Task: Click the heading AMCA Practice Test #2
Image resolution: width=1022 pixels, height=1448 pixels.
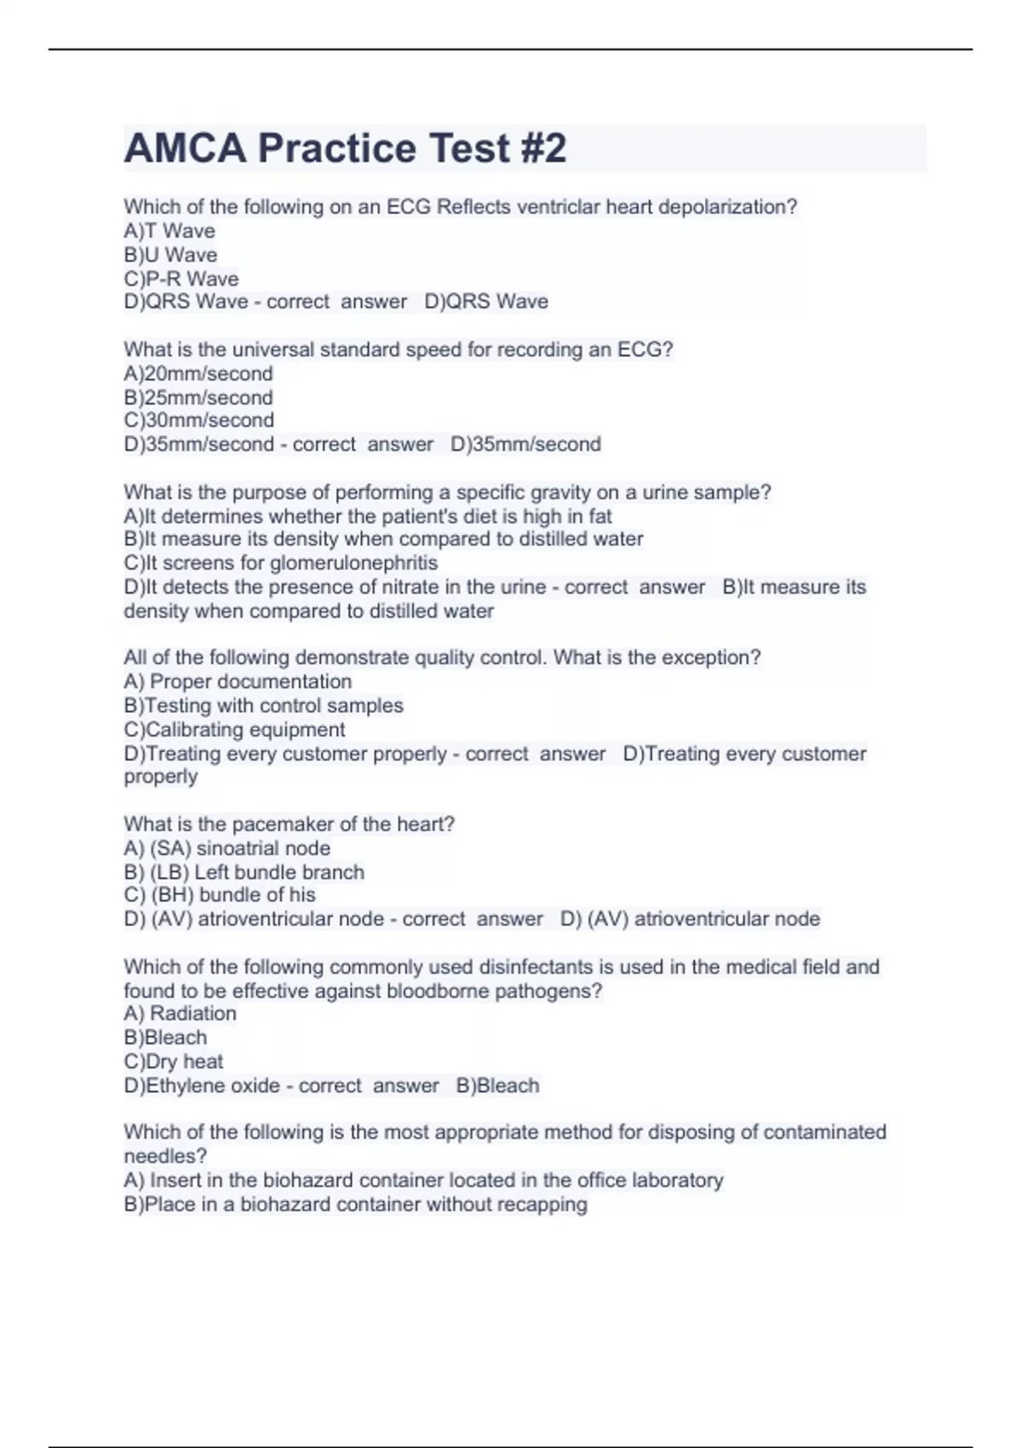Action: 345,148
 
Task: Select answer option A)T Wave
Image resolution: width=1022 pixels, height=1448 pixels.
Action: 169,231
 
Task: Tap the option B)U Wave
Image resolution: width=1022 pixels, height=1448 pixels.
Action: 170,255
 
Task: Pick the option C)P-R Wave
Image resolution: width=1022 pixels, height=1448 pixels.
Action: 181,279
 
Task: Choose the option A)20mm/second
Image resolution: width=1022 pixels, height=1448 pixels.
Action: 198,373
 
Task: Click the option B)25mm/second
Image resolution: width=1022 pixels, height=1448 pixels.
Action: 198,397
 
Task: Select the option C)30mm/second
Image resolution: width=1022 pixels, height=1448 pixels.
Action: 198,420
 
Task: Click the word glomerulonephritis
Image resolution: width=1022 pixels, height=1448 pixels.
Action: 353,563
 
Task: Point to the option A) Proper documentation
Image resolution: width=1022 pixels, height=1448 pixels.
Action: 238,681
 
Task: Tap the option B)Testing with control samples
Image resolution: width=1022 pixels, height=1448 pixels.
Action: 263,705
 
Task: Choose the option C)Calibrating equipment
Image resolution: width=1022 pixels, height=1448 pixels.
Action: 234,729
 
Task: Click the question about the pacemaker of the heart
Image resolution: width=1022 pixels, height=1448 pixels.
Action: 289,824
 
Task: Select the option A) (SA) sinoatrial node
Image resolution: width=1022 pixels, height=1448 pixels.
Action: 227,848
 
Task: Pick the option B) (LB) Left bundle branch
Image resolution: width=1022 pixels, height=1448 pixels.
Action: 244,871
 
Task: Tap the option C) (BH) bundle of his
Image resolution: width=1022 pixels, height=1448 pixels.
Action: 220,894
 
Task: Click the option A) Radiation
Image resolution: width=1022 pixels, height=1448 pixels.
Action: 180,1013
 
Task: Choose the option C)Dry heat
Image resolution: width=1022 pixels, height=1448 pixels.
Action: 173,1061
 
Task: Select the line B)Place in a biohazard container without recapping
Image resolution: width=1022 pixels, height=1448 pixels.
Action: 355,1204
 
